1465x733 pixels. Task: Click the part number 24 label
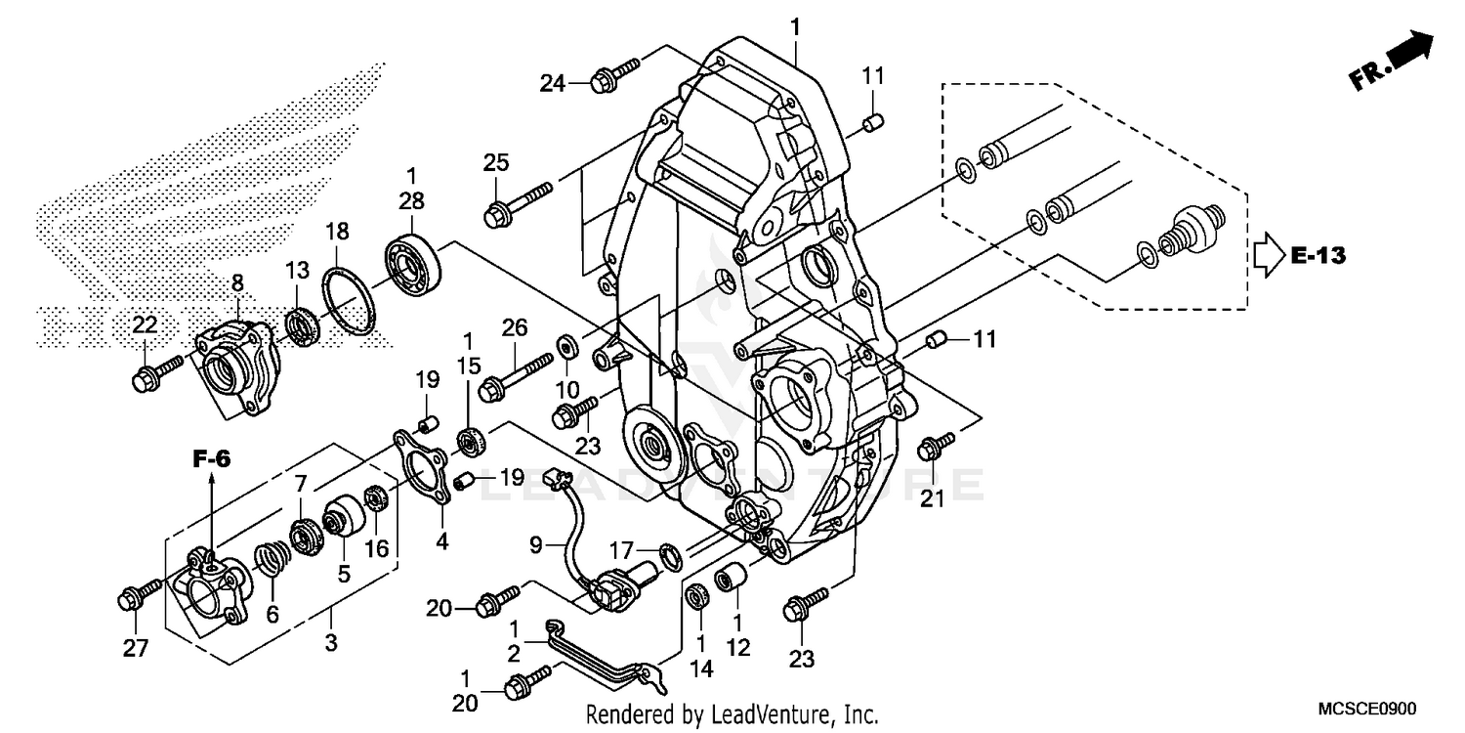click(553, 83)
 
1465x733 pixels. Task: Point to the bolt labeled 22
click(155, 371)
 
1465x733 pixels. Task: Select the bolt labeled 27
click(138, 592)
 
